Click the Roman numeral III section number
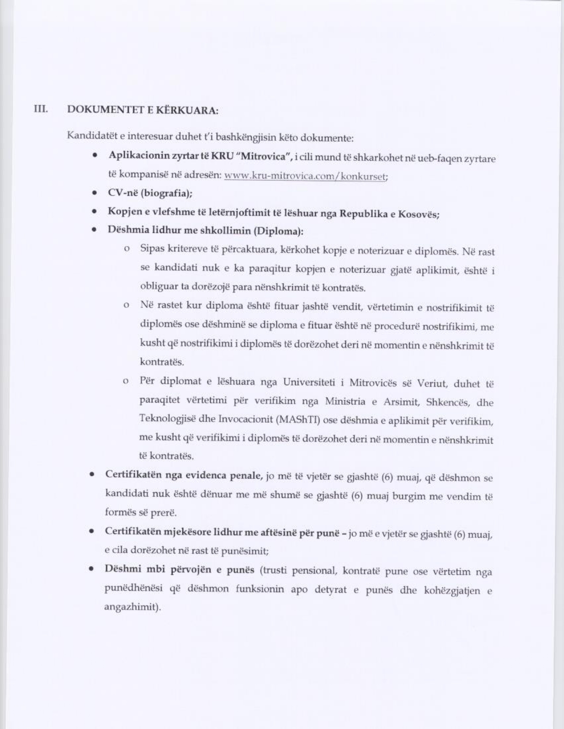point(41,108)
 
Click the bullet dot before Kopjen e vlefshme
point(94,212)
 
